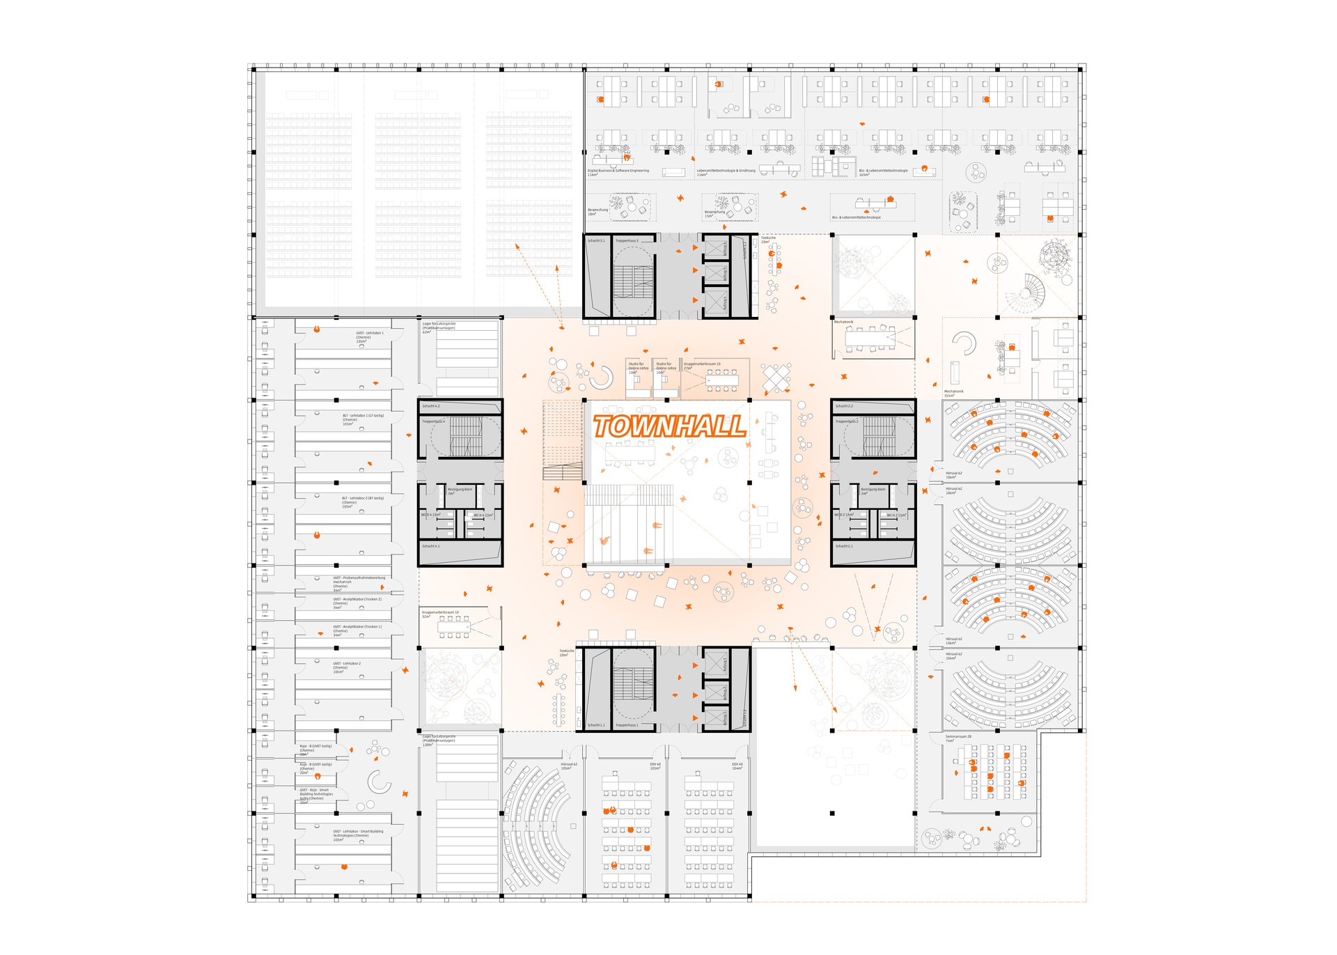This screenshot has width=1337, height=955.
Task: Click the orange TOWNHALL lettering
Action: point(668,426)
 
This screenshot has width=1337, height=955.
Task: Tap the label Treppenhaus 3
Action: point(627,241)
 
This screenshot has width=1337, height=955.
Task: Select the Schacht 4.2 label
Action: point(431,406)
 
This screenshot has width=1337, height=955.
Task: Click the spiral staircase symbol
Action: point(1033,286)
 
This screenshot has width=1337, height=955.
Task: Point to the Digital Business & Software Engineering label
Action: point(618,171)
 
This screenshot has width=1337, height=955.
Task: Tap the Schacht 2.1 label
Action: point(844,546)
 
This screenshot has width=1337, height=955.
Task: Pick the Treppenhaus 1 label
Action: point(627,725)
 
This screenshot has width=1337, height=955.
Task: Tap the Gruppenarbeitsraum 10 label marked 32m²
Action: point(440,614)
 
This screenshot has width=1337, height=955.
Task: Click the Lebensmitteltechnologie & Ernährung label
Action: point(726,171)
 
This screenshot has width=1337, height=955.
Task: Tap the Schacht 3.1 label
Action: point(596,241)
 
